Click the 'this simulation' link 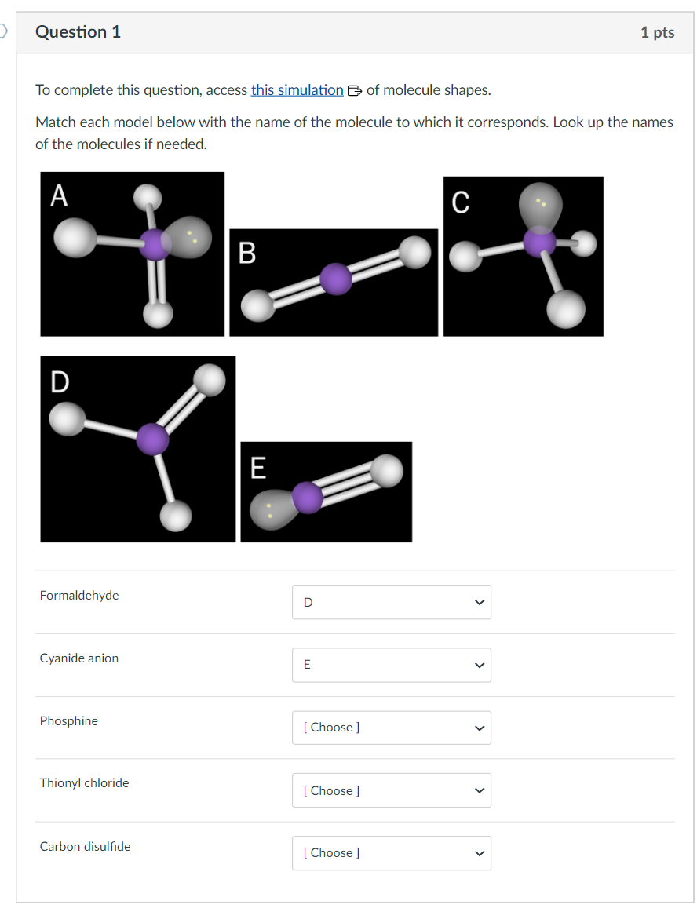(297, 90)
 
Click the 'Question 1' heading (78, 32)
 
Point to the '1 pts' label (656, 32)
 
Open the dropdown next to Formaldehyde (391, 602)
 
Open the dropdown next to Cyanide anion (391, 665)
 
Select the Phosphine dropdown (391, 728)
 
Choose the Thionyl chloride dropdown (391, 790)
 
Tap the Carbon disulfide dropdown (391, 853)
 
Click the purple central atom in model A (155, 245)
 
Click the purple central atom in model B (336, 279)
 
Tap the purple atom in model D (152, 439)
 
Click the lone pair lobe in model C (539, 204)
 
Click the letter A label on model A (59, 195)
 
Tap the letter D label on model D (60, 381)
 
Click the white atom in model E (386, 472)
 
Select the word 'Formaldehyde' (79, 596)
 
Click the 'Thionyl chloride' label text (84, 783)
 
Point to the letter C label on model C (461, 202)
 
